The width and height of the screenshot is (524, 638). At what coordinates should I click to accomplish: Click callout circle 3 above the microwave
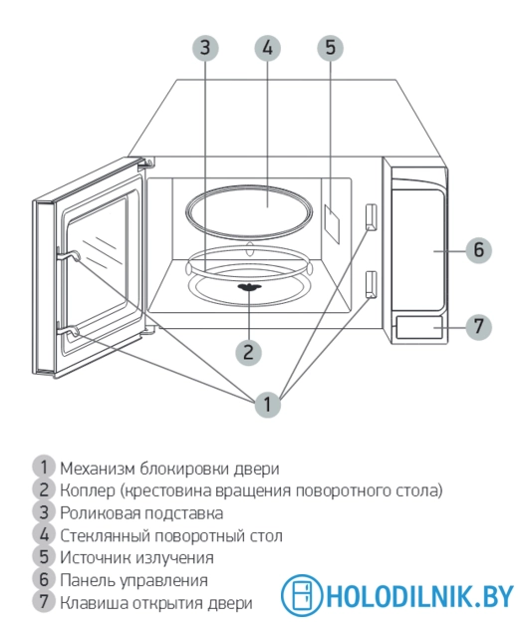[204, 48]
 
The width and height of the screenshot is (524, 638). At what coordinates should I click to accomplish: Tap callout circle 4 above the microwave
[267, 48]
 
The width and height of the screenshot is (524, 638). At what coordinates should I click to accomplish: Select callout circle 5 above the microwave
[331, 48]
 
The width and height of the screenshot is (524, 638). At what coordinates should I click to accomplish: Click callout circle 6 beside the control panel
[478, 249]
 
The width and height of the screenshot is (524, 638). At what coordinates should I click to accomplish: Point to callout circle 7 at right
[478, 325]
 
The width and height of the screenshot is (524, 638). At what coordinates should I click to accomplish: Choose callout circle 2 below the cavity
[248, 350]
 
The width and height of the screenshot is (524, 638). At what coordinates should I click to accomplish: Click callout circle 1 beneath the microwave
[266, 404]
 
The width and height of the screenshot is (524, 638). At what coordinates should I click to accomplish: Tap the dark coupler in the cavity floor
[248, 289]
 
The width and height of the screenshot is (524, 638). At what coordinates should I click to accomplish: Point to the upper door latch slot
[372, 216]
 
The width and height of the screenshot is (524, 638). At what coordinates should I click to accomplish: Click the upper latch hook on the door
[68, 256]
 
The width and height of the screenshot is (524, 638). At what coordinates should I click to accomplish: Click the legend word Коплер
[88, 489]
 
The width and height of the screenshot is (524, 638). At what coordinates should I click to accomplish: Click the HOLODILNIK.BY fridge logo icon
[300, 595]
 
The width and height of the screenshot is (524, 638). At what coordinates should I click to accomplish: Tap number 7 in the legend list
[43, 602]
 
